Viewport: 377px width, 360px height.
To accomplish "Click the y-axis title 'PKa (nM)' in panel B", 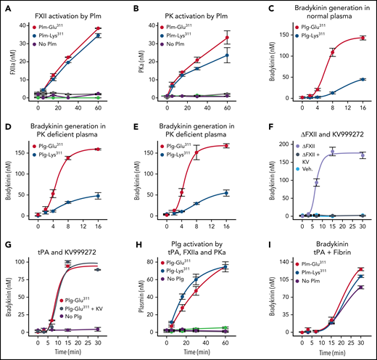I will point(141,62).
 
